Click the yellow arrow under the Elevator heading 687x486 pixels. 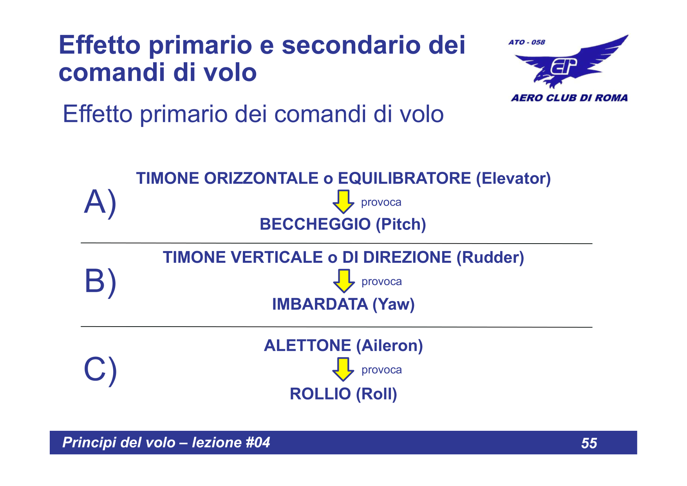(x=343, y=201)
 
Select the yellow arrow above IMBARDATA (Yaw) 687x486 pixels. (x=343, y=280)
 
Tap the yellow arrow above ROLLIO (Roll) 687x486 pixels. (x=343, y=369)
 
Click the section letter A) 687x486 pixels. (x=100, y=202)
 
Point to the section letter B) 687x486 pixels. (x=100, y=282)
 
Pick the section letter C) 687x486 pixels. (x=100, y=370)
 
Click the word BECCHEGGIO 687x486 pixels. (x=315, y=224)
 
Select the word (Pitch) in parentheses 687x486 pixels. (x=401, y=224)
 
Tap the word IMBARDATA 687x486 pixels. (x=320, y=304)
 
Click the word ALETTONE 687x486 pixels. (x=307, y=345)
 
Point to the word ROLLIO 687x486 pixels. (x=320, y=394)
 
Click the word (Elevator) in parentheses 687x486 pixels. (x=513, y=178)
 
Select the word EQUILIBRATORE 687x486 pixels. (x=404, y=178)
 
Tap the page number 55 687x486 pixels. (x=589, y=443)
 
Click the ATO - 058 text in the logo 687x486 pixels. (x=526, y=42)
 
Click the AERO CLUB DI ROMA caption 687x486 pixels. (x=569, y=98)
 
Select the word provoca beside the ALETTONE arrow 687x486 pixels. (x=381, y=370)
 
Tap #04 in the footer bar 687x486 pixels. (x=258, y=443)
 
